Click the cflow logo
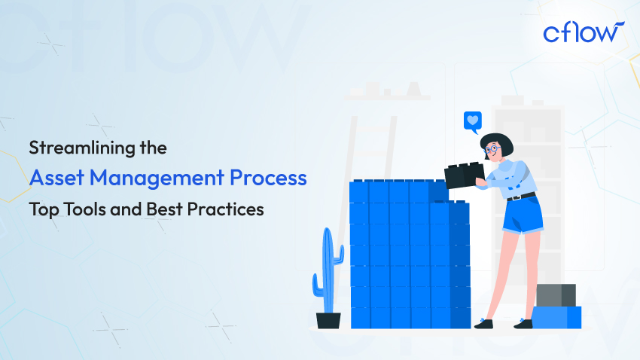point(582,34)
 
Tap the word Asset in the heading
point(54,178)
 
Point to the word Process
point(270,178)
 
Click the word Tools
point(81,209)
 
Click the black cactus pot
point(328,320)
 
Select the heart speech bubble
point(472,121)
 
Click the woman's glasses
point(492,149)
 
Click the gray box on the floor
point(556,294)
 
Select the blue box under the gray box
point(556,317)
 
